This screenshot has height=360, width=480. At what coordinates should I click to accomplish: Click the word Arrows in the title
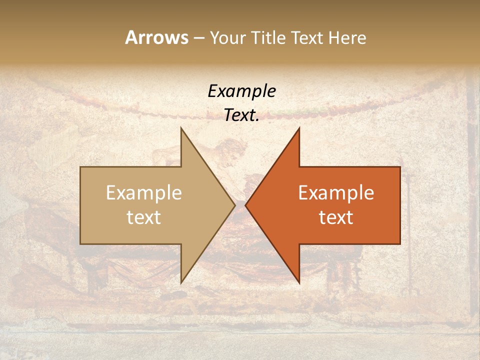click(x=156, y=37)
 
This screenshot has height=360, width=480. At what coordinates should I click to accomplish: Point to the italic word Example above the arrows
click(x=241, y=91)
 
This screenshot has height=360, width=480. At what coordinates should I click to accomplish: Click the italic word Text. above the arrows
click(x=241, y=115)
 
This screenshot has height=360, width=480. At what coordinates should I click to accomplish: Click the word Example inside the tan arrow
click(x=144, y=193)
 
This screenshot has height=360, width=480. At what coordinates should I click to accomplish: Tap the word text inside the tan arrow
click(x=144, y=217)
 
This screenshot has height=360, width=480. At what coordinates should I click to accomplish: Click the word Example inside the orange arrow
click(x=336, y=193)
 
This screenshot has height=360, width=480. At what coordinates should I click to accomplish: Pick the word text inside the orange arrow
click(x=336, y=217)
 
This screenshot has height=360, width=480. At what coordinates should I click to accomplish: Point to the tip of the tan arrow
click(x=234, y=205)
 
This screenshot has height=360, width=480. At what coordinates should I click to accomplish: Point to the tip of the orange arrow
click(x=246, y=205)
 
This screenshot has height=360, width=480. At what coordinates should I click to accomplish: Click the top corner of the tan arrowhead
click(x=181, y=128)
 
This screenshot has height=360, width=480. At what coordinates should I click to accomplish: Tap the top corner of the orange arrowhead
click(x=299, y=128)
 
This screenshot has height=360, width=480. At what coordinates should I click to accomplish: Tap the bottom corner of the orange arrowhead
click(x=299, y=282)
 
